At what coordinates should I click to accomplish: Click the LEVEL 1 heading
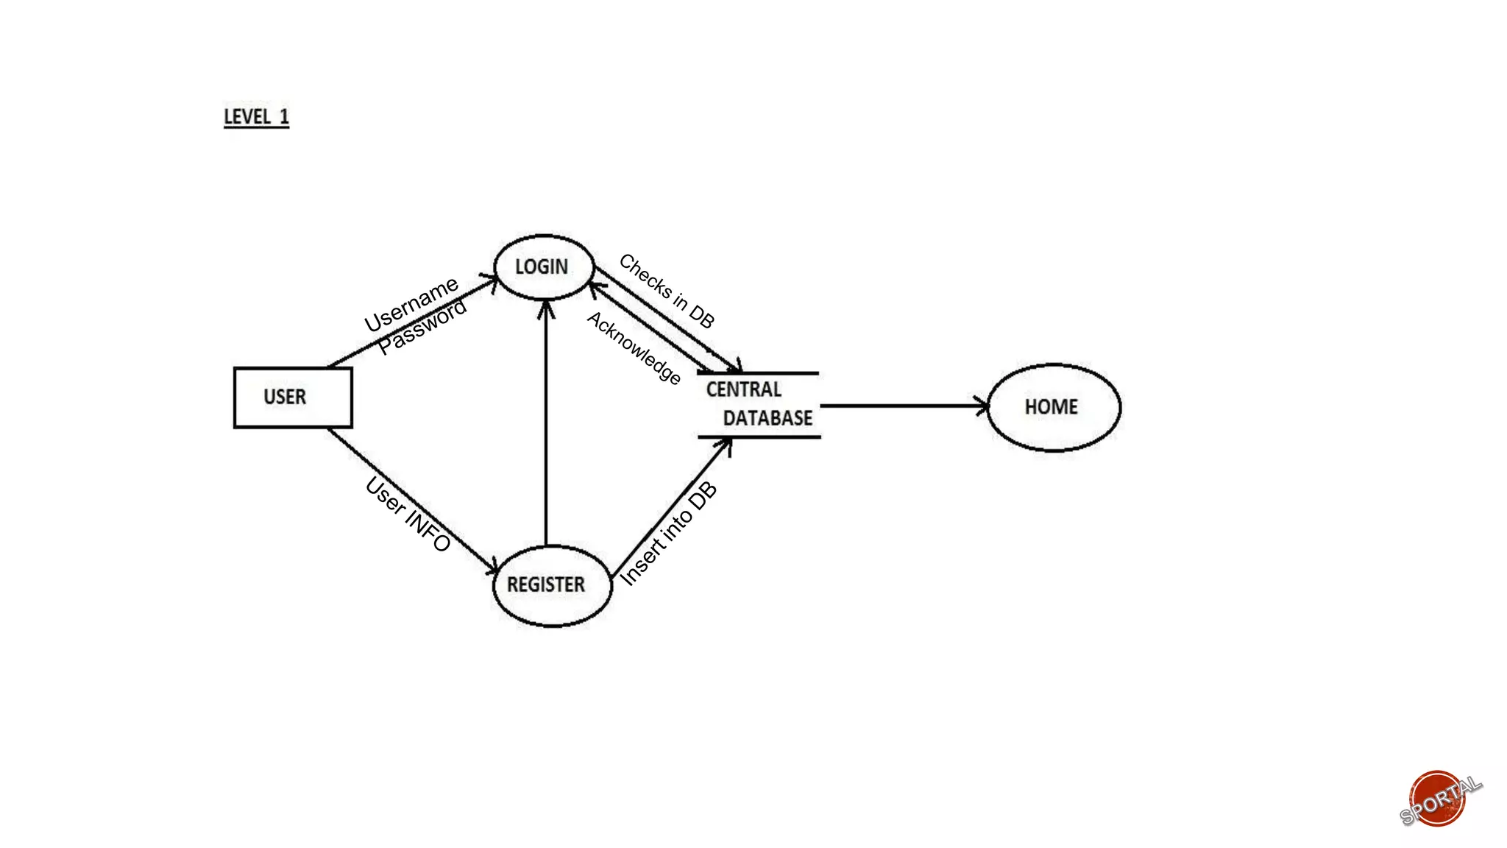(x=256, y=117)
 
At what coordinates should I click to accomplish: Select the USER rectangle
(x=293, y=397)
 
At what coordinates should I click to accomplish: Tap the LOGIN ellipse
(x=544, y=267)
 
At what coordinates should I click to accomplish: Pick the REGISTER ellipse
(x=551, y=585)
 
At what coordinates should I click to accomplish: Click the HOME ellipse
(x=1053, y=407)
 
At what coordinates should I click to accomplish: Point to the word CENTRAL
(x=743, y=389)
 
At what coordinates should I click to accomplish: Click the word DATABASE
(x=767, y=418)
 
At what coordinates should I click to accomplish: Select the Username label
(x=411, y=304)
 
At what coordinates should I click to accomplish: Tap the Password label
(x=422, y=327)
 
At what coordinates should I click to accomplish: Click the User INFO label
(x=408, y=514)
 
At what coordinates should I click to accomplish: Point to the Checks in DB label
(x=667, y=290)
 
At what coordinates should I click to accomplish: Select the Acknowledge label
(x=634, y=347)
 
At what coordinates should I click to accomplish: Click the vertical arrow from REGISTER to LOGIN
(x=546, y=427)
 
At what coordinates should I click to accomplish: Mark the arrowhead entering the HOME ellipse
(x=983, y=406)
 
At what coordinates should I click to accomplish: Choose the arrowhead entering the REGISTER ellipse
(x=492, y=568)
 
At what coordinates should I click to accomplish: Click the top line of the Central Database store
(x=758, y=373)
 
